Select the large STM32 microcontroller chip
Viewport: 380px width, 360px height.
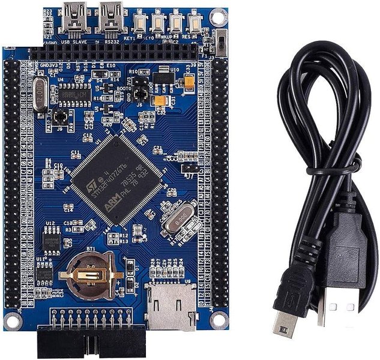click(x=117, y=179)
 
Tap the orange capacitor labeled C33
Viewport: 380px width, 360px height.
click(x=190, y=79)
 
